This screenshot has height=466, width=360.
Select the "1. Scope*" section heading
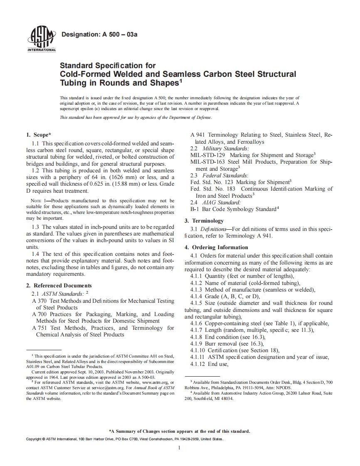[39, 135]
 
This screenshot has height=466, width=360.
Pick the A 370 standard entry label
[39, 301]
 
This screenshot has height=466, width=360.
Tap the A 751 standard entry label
[39, 328]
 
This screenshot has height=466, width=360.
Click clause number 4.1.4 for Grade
[197, 297]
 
